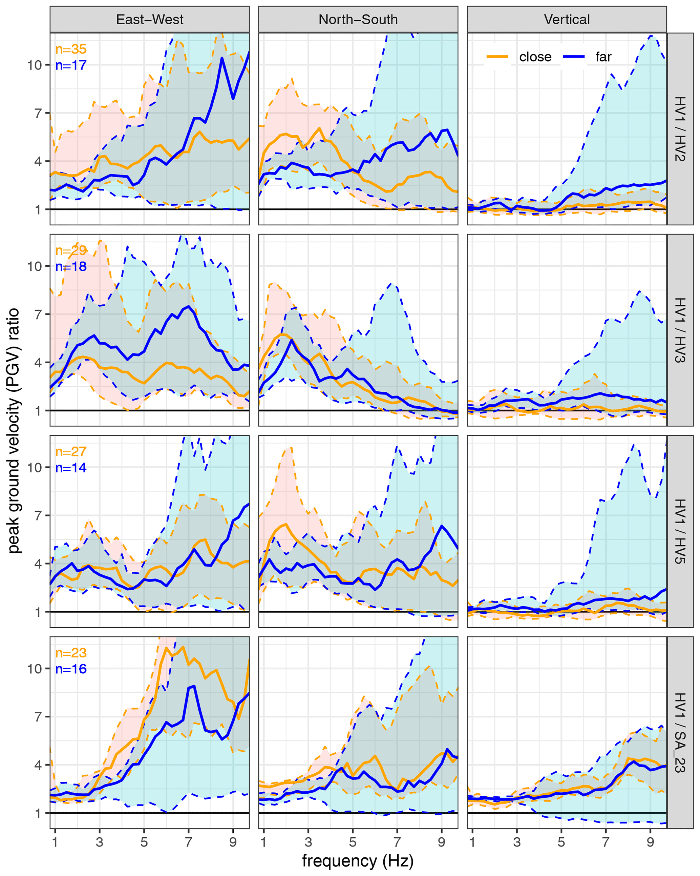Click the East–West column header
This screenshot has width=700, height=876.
(149, 20)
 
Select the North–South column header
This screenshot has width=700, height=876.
(358, 20)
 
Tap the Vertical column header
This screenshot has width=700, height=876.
(567, 20)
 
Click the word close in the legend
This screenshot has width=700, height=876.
(535, 57)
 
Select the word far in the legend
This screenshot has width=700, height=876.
(603, 57)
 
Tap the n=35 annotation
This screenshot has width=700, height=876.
(71, 49)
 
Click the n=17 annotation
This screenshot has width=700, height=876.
(71, 65)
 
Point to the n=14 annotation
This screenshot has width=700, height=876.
(71, 468)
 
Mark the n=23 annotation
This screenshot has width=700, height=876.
(71, 653)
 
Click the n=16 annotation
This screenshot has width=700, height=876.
(71, 669)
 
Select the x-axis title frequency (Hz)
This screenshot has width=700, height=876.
(358, 860)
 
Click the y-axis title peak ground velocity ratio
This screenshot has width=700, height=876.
(14, 431)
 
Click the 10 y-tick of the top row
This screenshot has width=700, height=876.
(35, 65)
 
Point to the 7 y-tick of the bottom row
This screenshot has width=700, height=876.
(38, 717)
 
